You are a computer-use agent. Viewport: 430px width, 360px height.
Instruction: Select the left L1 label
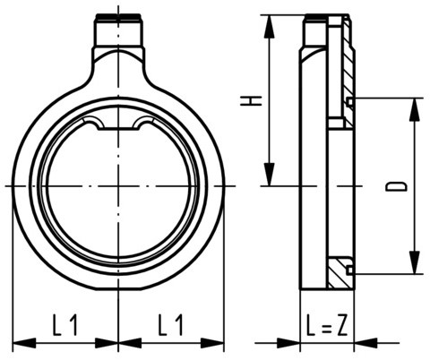pos(64,323)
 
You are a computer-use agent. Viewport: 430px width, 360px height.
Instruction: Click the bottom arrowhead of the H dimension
pos(268,178)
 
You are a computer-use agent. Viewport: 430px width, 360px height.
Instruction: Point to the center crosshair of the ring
pos(117,185)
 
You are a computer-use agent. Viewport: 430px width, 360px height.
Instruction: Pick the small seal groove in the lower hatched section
pos(349,269)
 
